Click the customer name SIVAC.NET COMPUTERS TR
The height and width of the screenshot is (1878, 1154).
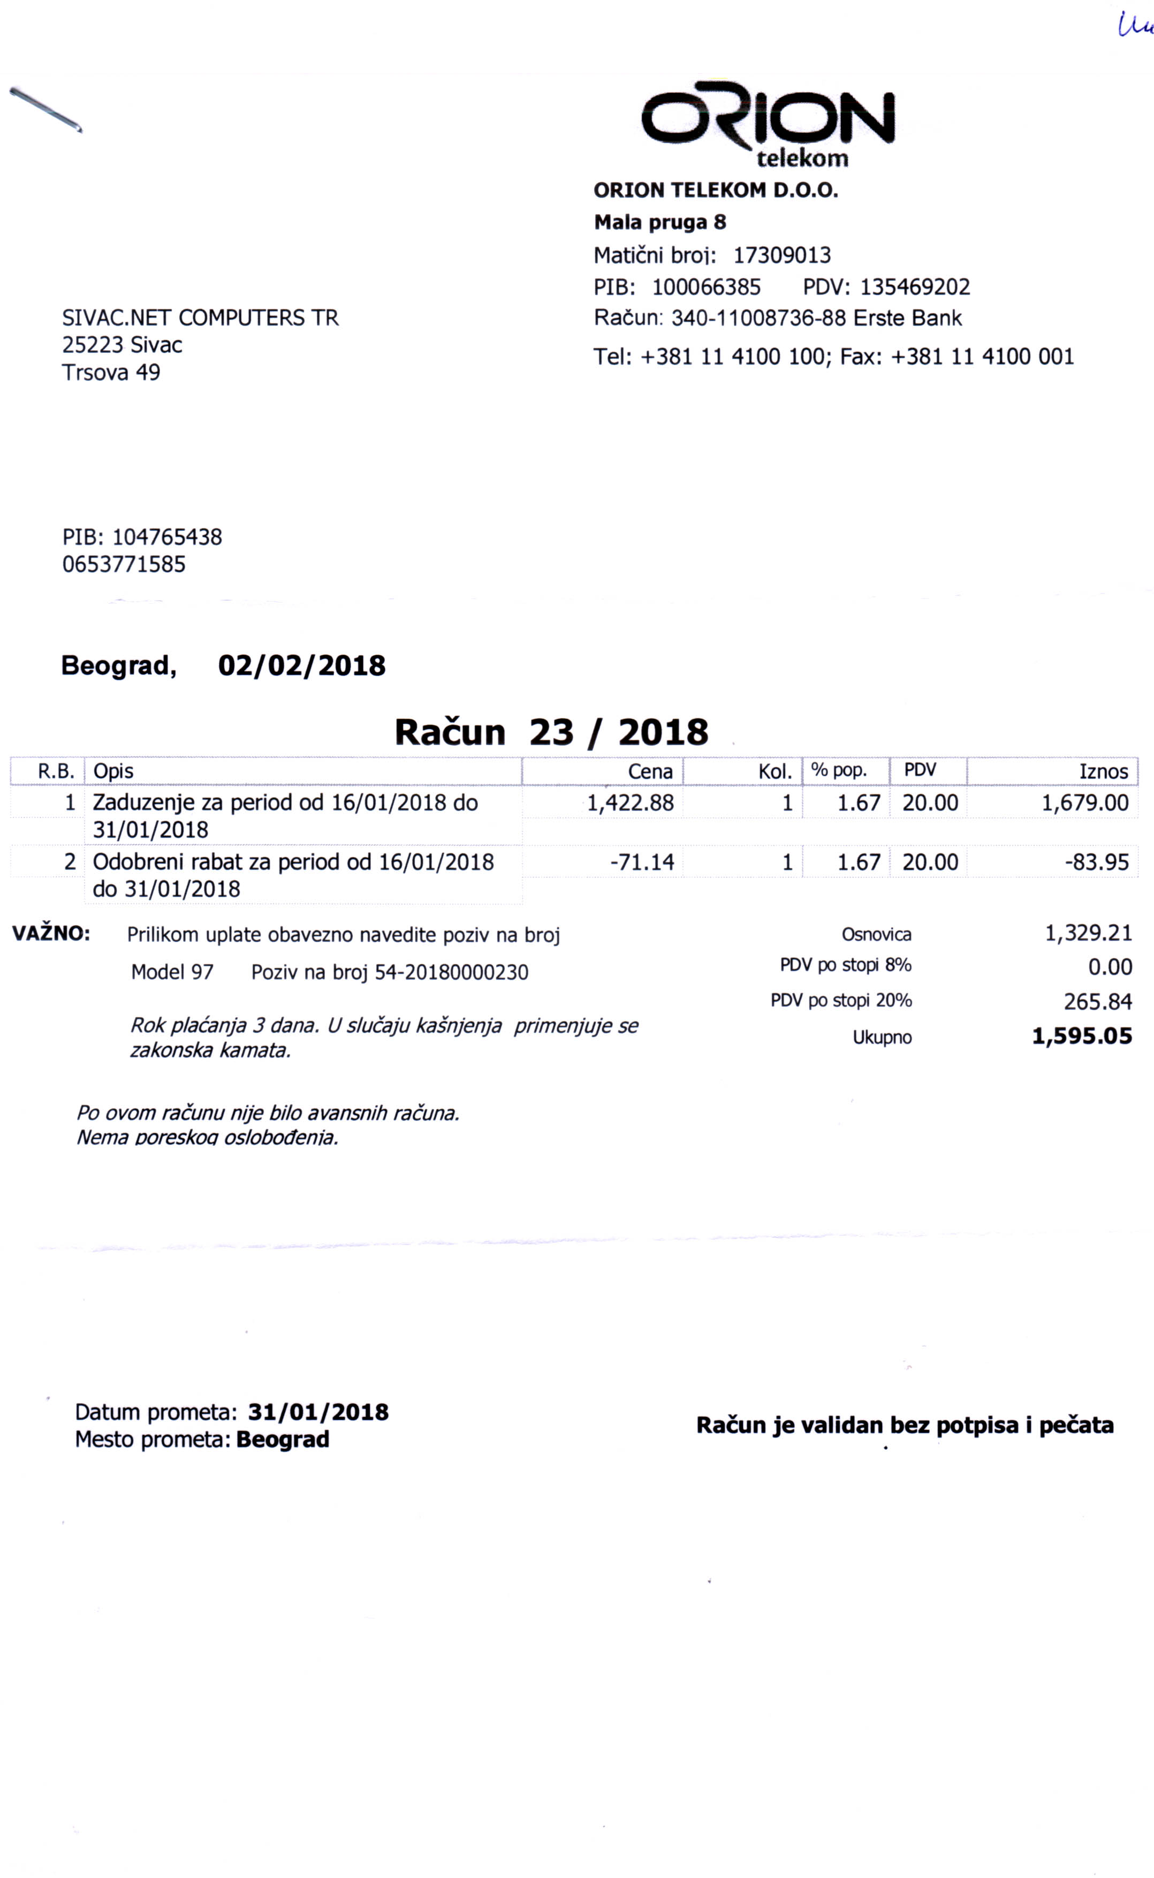200,317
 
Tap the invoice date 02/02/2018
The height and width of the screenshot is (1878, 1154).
301,665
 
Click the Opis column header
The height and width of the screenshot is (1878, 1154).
113,771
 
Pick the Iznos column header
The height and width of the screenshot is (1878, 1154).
1103,771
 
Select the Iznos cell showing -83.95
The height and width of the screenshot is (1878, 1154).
1097,862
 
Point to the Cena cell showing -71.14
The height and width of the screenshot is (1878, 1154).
642,862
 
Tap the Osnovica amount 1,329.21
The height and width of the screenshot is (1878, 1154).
1088,933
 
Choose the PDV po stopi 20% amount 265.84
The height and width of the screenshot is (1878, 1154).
1097,1002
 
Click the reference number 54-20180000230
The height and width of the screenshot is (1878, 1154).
451,973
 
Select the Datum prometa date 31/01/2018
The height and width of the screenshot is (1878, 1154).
318,1412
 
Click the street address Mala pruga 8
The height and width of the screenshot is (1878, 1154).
660,222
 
